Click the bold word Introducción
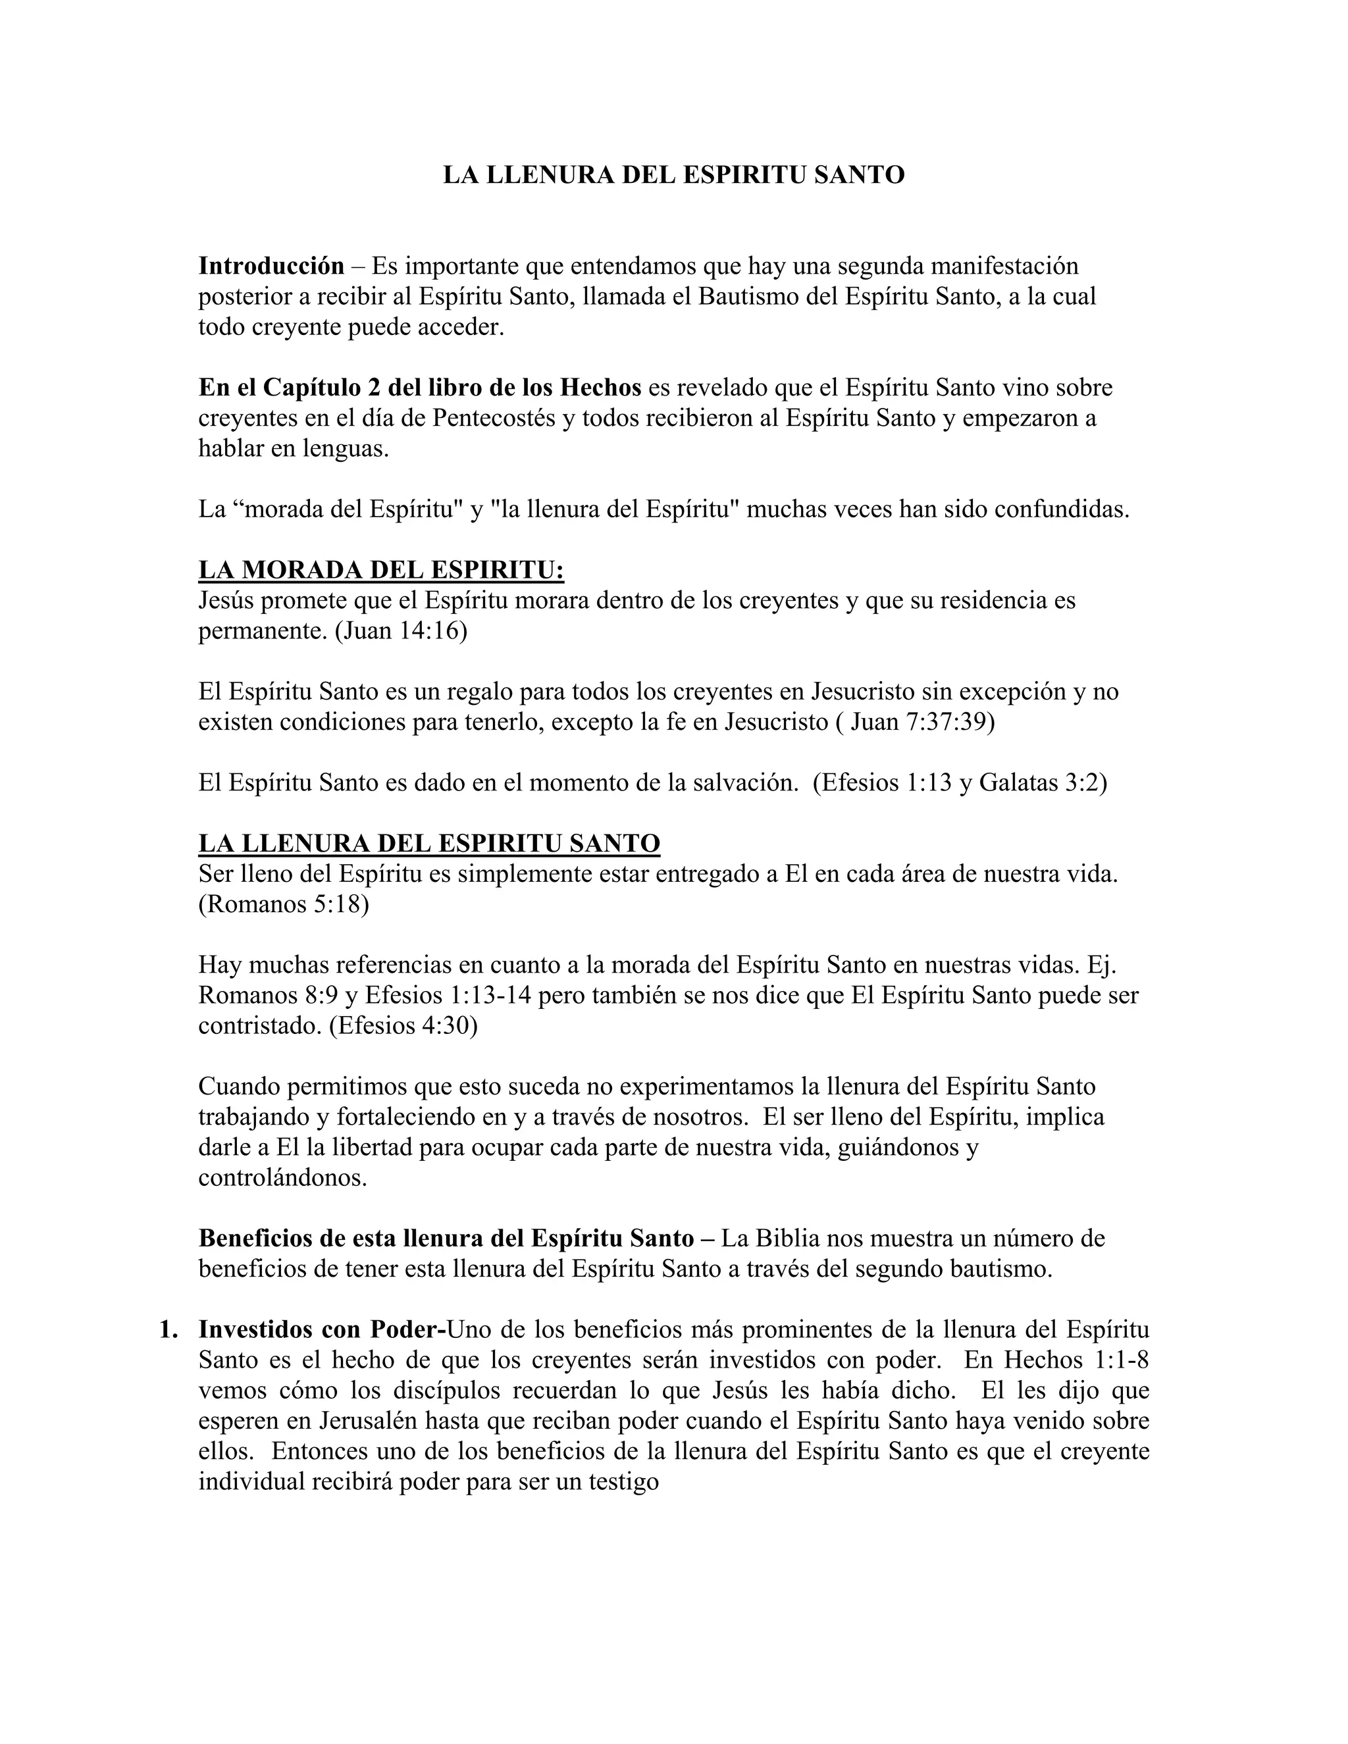click(271, 265)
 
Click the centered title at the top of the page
click(673, 175)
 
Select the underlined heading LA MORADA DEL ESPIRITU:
click(381, 570)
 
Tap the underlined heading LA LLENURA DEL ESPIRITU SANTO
click(429, 843)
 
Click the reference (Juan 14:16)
click(400, 631)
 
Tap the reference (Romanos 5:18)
click(284, 904)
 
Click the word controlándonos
click(282, 1178)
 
